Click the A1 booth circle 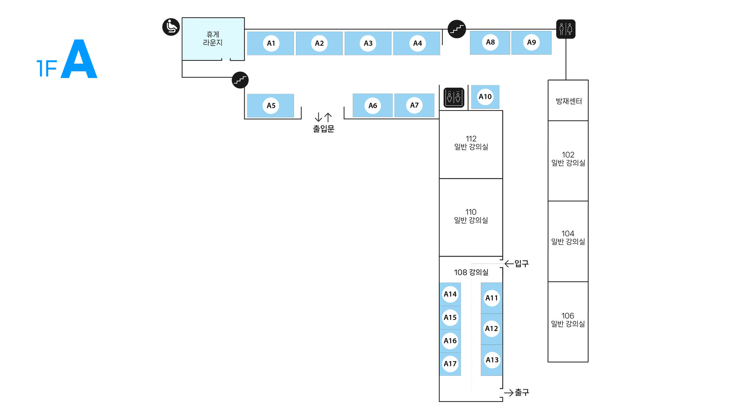coord(271,43)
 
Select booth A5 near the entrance coord(271,106)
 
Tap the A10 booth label coord(485,97)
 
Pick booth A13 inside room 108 coord(492,360)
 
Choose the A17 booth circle coord(450,364)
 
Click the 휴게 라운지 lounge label coord(213,39)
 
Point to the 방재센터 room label coord(568,101)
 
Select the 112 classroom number coord(471,139)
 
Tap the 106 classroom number coord(568,316)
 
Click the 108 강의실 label coord(471,272)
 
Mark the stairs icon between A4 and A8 coord(457,29)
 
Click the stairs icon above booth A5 coord(240,80)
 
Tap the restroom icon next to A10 coord(454,98)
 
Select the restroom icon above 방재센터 coord(566,29)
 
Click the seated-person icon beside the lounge coord(171,27)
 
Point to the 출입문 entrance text coord(323,129)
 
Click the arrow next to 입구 coord(509,263)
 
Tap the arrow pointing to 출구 coord(508,392)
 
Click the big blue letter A coord(79,59)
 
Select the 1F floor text coord(46,69)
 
